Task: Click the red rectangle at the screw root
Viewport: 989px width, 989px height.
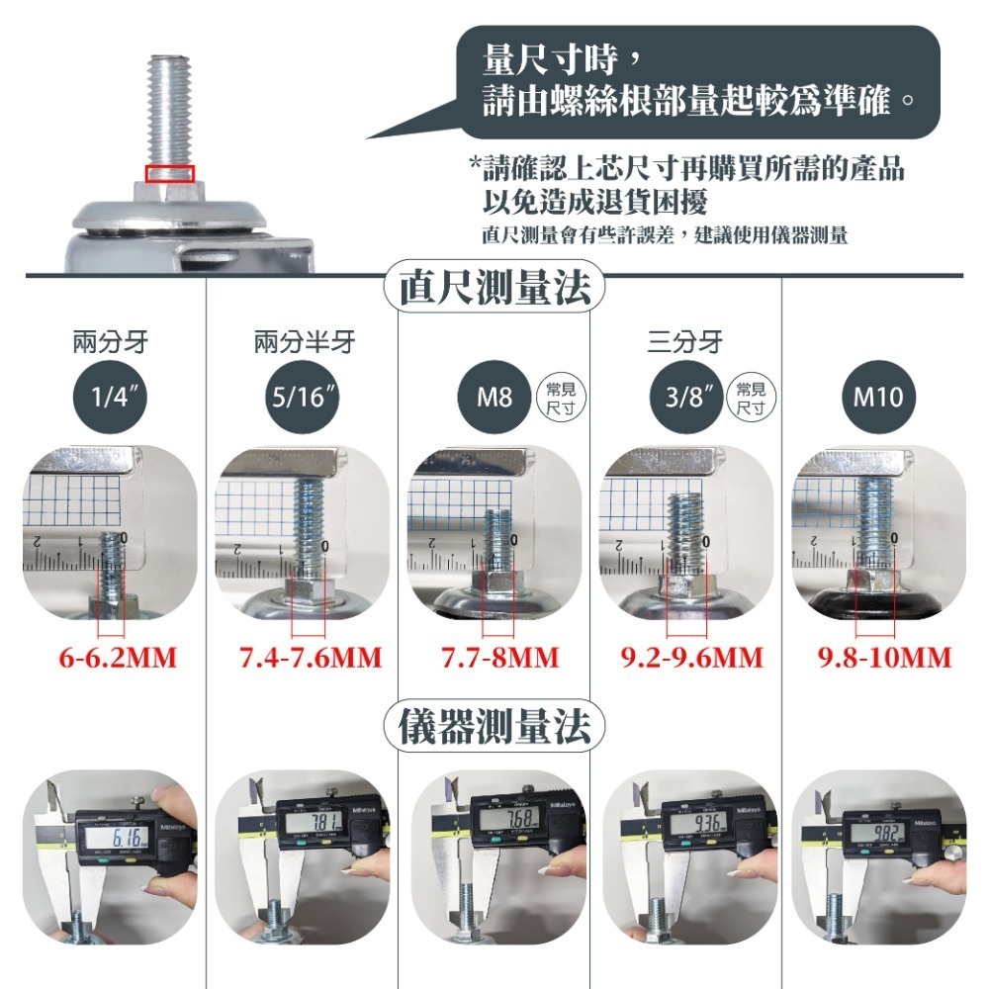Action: (170, 174)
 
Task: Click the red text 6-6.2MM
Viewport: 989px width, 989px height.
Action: (118, 658)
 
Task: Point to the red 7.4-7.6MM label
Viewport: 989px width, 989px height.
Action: (311, 658)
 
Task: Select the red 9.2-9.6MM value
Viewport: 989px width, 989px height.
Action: (692, 658)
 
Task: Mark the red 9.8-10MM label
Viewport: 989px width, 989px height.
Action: (885, 658)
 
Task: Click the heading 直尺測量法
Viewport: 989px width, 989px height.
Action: (494, 288)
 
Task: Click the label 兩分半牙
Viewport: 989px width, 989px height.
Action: (304, 343)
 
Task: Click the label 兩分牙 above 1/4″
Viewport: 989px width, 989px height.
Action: (111, 343)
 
